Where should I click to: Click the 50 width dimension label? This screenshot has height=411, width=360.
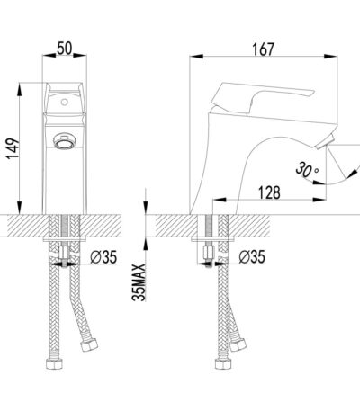65,49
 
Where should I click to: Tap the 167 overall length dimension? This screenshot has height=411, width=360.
263,49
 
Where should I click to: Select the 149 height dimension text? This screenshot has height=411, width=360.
13,148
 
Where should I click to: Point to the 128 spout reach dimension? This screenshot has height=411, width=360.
269,192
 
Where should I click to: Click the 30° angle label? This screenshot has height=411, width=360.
307,170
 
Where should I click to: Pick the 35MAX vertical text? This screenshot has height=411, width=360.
139,282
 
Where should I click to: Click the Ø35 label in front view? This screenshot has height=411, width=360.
103,257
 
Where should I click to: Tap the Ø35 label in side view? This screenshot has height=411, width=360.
252,257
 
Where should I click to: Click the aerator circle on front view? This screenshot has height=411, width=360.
65,141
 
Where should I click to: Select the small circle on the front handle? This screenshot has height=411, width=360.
65,102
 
